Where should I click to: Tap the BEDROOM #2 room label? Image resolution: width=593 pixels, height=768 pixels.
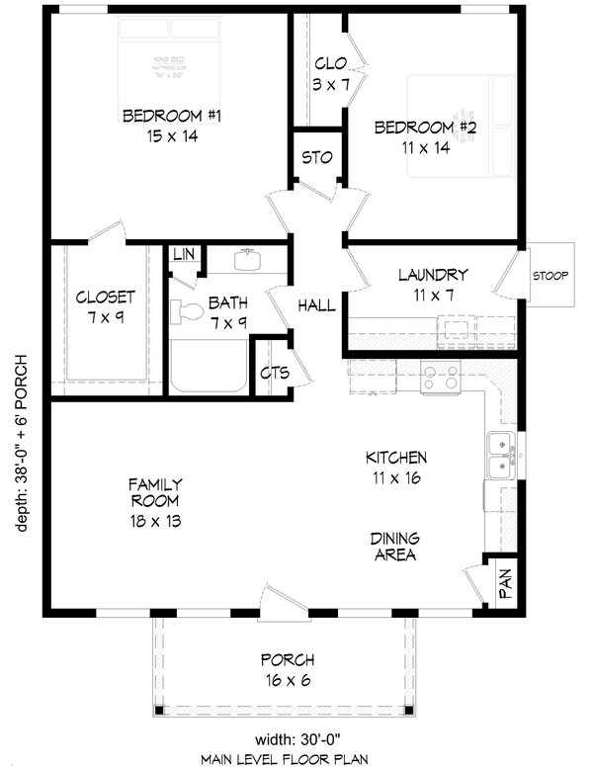click(x=412, y=128)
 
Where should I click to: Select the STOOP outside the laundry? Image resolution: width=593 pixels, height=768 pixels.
click(x=550, y=275)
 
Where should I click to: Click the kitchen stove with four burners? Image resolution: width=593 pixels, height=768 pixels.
click(x=441, y=376)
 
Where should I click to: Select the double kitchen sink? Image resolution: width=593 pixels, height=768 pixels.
click(x=501, y=454)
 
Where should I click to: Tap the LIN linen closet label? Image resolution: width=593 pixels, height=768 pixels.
click(x=184, y=255)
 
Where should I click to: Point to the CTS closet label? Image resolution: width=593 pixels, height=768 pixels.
click(x=274, y=374)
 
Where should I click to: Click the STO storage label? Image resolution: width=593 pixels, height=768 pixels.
click(x=316, y=158)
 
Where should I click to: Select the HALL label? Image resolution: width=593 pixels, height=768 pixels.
click(x=316, y=306)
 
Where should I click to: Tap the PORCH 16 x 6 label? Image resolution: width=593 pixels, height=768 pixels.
click(x=288, y=660)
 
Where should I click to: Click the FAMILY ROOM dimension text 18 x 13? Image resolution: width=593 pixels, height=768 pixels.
click(x=155, y=520)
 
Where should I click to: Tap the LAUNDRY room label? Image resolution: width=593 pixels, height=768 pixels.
click(x=433, y=275)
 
